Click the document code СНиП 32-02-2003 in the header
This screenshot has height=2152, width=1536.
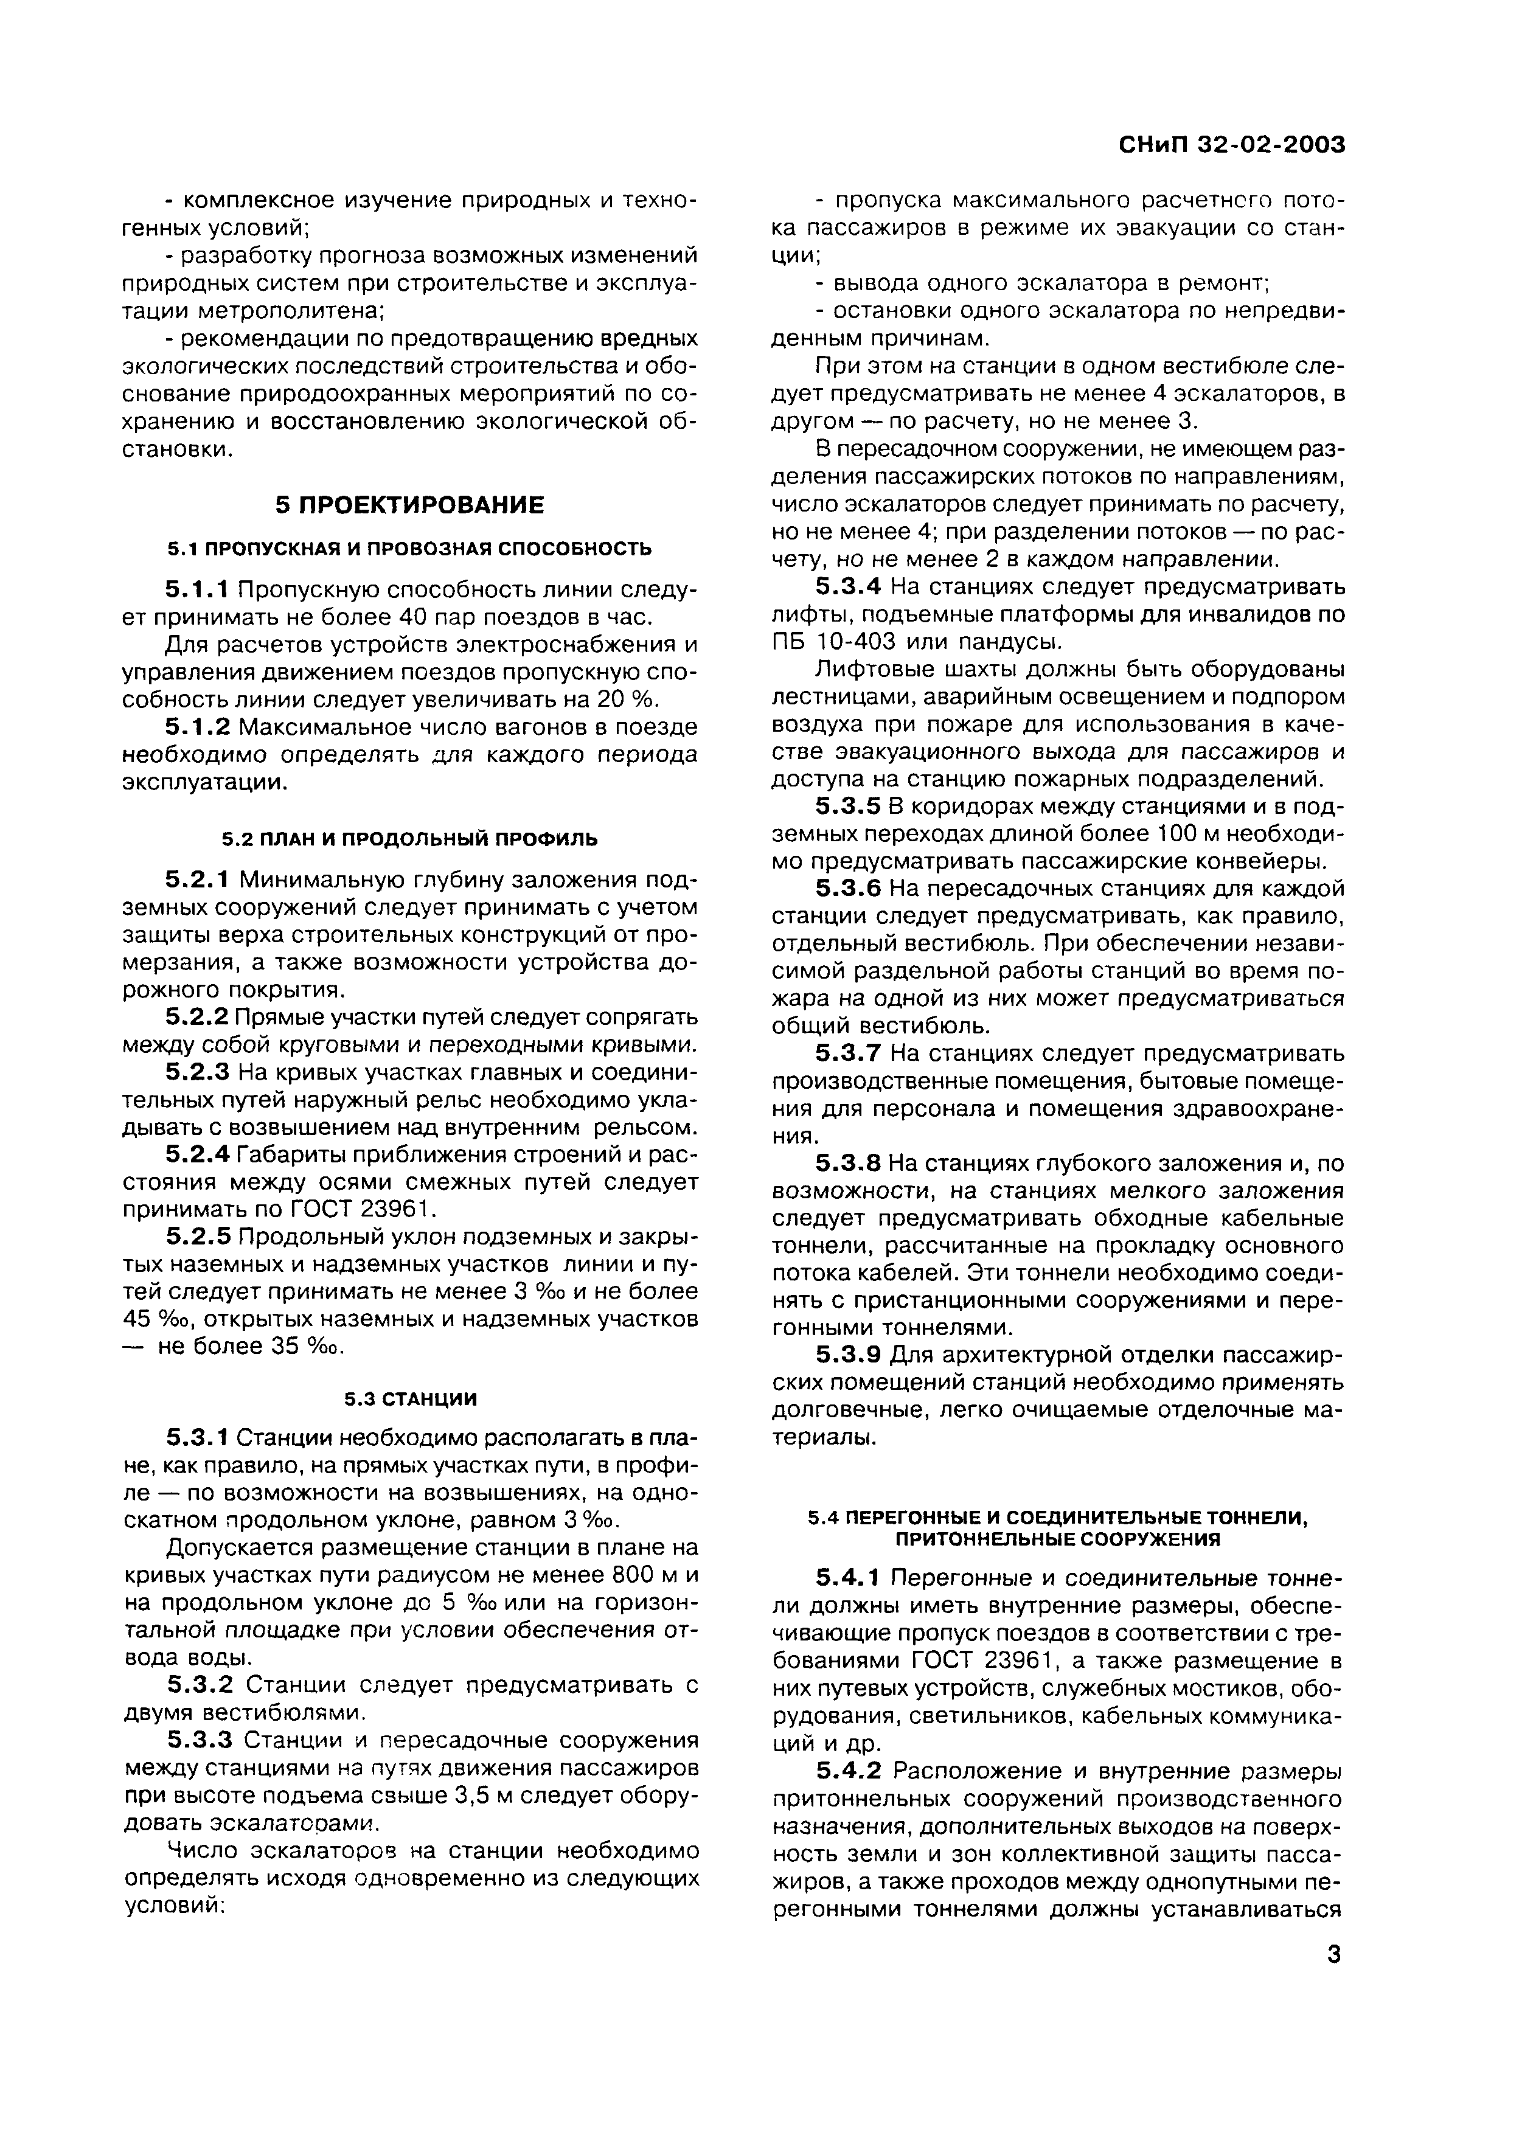point(1231,145)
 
